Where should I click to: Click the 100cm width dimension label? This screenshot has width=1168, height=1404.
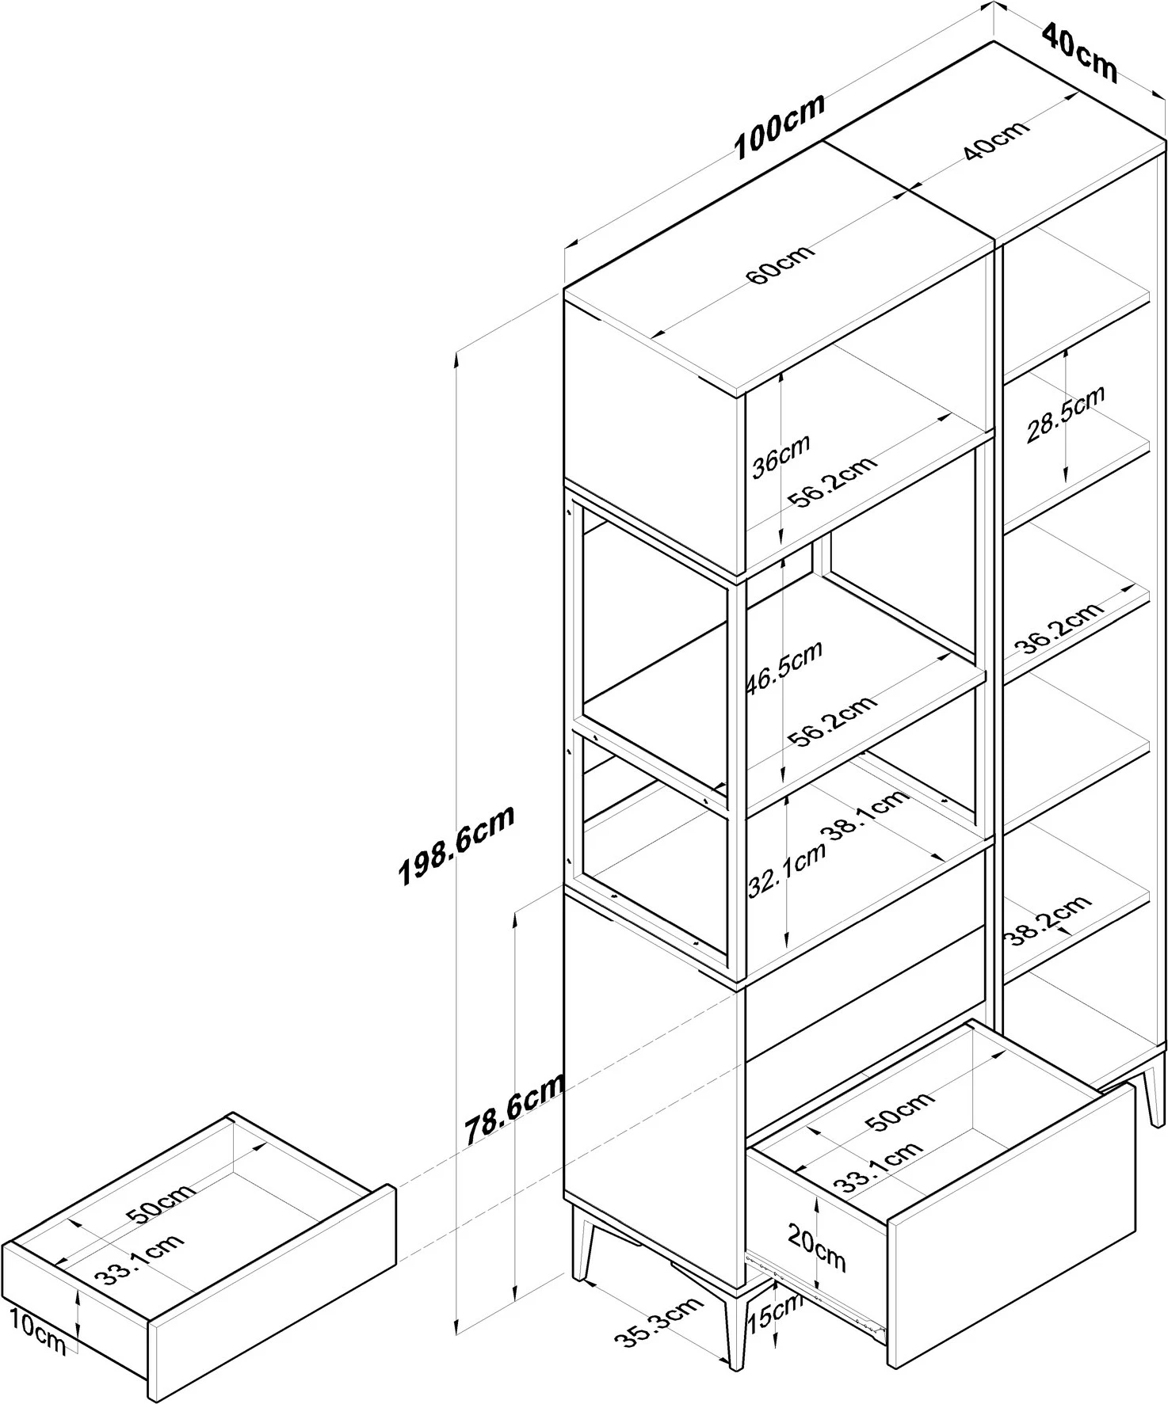(780, 127)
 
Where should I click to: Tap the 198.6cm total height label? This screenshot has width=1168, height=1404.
(457, 844)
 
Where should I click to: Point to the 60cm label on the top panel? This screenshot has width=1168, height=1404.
(780, 266)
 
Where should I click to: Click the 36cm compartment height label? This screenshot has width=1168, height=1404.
(781, 455)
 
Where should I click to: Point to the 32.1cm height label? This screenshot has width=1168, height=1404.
(787, 871)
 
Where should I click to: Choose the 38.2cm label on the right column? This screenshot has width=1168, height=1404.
(1048, 920)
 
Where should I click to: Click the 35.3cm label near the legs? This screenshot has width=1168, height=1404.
(659, 1326)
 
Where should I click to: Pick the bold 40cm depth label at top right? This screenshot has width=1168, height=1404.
(1078, 53)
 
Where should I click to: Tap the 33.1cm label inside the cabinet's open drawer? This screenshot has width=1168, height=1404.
(877, 1167)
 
